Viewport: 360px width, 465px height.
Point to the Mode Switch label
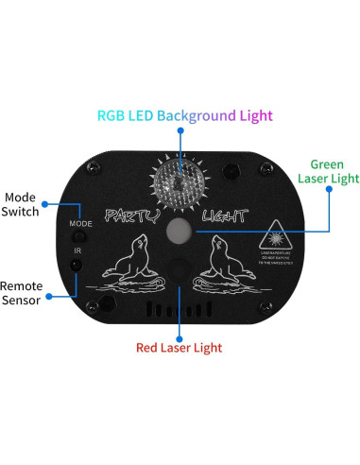20,203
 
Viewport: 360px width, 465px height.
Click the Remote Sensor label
21,293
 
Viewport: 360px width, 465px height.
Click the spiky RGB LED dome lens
179,179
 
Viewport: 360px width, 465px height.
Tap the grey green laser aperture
180,231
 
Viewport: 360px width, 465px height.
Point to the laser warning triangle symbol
282,231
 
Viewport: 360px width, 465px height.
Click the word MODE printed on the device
79,223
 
